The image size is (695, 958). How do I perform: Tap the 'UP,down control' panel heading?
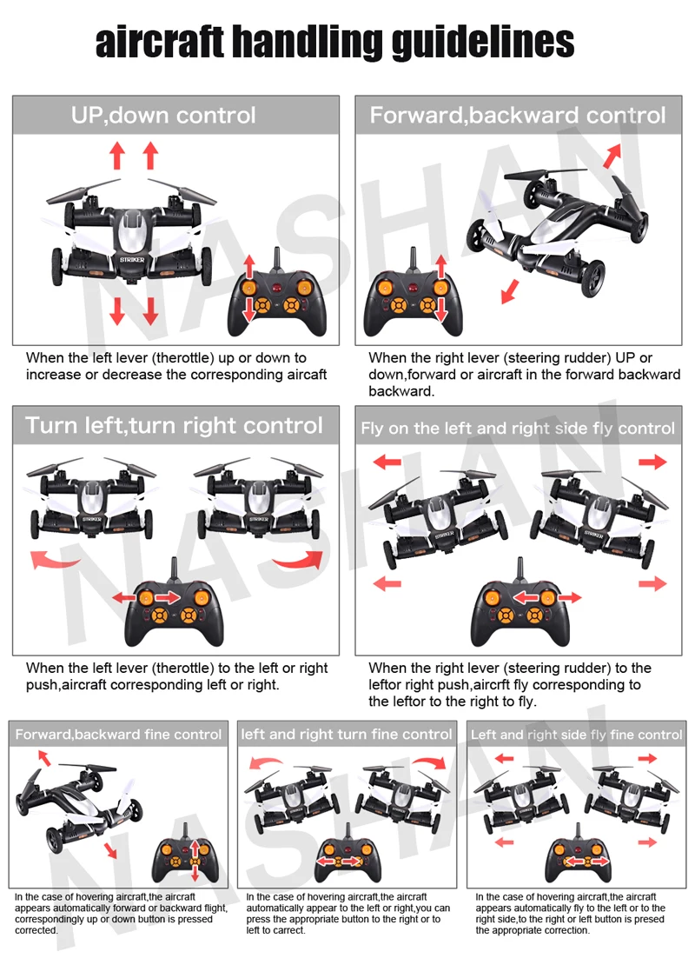click(x=163, y=115)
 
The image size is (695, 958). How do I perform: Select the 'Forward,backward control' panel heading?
click(x=517, y=115)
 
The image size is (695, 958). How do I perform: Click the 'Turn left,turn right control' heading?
click(x=174, y=425)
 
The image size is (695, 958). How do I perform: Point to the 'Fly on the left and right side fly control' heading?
click(x=518, y=429)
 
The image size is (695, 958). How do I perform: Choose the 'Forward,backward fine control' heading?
click(x=118, y=735)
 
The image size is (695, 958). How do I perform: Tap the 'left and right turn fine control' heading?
click(x=347, y=735)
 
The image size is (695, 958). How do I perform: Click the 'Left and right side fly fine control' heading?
click(x=577, y=735)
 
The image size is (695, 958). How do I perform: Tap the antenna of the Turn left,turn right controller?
click(x=174, y=572)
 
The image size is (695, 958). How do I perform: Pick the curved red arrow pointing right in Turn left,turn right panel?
click(x=299, y=559)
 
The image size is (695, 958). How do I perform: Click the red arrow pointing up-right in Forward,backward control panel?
click(x=612, y=156)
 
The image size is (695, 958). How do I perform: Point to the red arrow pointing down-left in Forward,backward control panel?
click(x=510, y=291)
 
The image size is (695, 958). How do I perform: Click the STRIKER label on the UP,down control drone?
click(x=132, y=260)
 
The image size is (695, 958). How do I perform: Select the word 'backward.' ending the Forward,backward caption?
click(x=401, y=391)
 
